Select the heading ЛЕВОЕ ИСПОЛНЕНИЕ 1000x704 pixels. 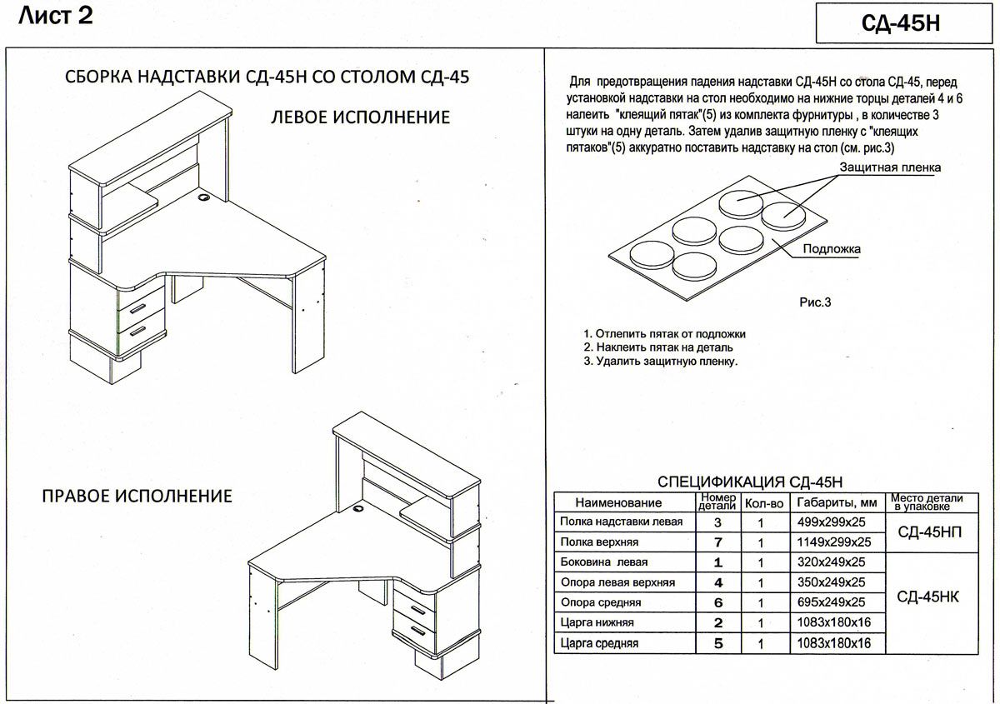point(360,117)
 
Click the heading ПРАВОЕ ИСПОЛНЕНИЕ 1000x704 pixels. point(137,497)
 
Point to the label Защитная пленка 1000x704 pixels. point(890,167)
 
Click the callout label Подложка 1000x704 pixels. point(832,249)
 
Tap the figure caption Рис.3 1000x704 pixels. point(816,302)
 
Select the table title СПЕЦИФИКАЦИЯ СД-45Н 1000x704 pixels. point(750,482)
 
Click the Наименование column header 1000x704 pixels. point(618,502)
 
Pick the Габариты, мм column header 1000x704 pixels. point(837,502)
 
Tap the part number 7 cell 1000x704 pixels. point(717,542)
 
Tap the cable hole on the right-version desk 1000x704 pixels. point(359,507)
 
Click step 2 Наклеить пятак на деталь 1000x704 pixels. point(658,347)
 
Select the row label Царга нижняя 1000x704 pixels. point(597,622)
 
